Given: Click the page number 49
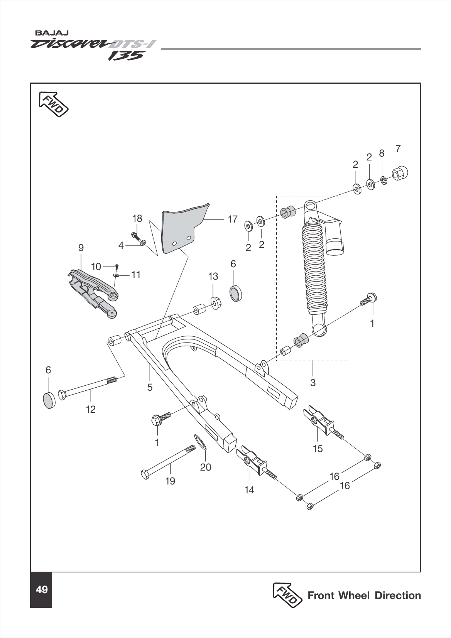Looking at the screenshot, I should (41, 590).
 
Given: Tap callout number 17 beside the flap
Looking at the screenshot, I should (233, 219).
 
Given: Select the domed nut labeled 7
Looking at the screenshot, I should (400, 173).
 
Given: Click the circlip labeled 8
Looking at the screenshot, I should (383, 180).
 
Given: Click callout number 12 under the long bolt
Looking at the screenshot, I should (91, 409).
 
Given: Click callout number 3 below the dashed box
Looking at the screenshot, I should (313, 382).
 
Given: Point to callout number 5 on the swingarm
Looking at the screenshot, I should (150, 387).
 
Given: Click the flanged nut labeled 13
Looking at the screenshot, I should (215, 303).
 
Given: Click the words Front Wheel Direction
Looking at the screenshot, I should (364, 595).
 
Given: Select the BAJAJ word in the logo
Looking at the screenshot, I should (47, 33).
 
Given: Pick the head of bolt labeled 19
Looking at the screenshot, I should (145, 474).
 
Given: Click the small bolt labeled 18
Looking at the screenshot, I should (136, 235).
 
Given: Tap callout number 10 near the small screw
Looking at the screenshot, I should (96, 266).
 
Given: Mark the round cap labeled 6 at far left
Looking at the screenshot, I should (49, 400).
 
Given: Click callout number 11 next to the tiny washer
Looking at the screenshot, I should (135, 275).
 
